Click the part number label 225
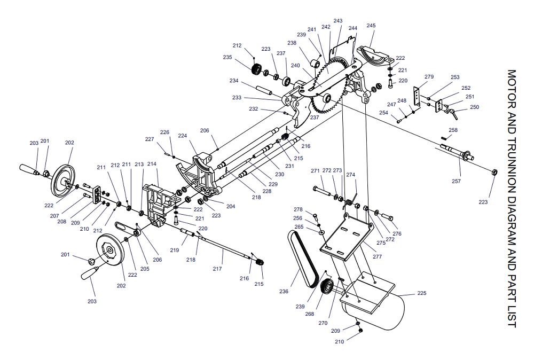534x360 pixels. (422, 293)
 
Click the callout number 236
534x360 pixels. (284, 291)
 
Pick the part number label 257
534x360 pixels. (456, 181)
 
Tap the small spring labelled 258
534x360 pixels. (443, 138)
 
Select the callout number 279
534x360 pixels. (429, 76)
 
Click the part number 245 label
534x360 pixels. (371, 26)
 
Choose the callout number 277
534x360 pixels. (378, 256)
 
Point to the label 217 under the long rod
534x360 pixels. (217, 269)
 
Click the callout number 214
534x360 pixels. (152, 164)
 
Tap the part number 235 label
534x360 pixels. (227, 57)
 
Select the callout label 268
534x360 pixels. (310, 314)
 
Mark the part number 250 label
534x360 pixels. (474, 107)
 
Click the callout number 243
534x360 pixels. (338, 21)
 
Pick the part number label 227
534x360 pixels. (150, 139)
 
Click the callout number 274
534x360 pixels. (351, 175)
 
